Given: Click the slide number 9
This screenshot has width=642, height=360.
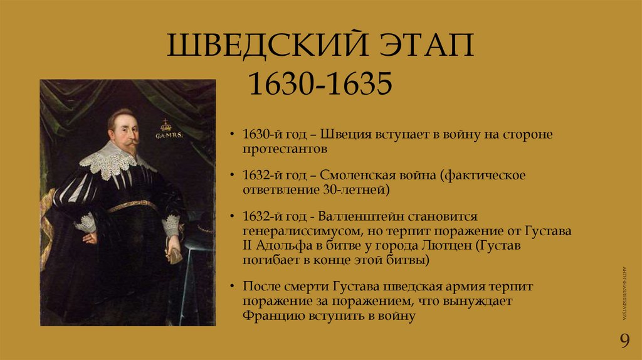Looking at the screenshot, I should (x=624, y=341).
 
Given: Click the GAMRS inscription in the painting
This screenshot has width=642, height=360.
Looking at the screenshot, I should (x=167, y=135).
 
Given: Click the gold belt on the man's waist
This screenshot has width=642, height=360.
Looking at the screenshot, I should (x=132, y=206).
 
